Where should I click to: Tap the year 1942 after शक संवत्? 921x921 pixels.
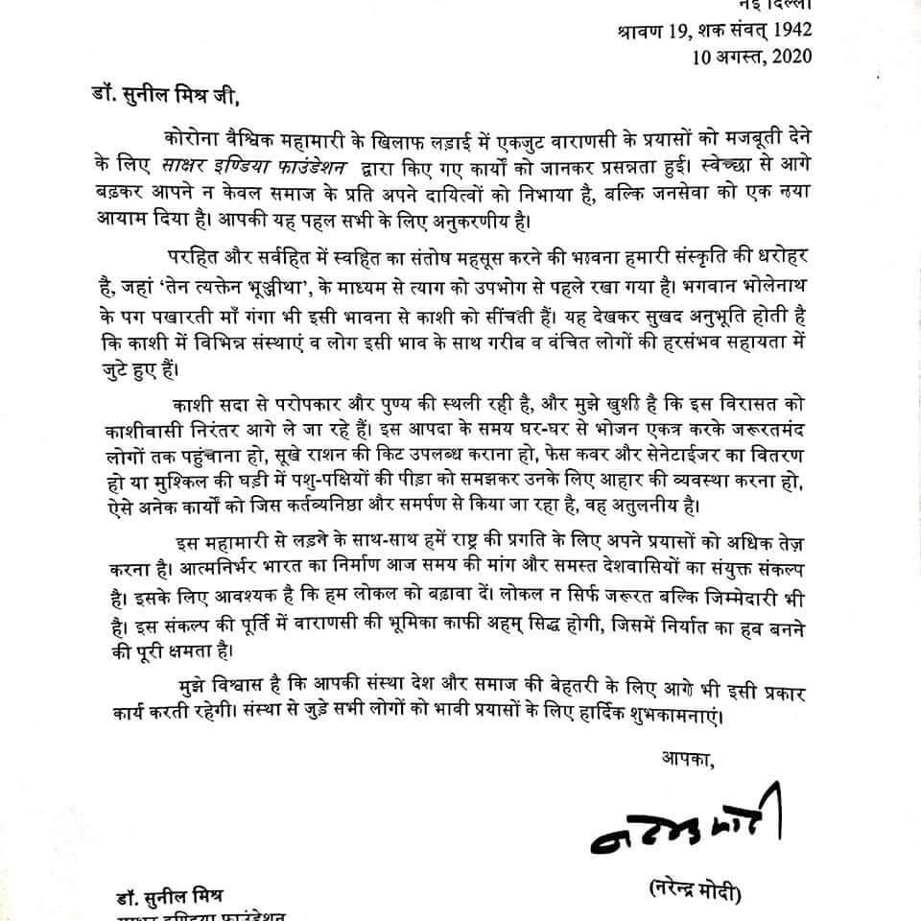coord(790,31)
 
